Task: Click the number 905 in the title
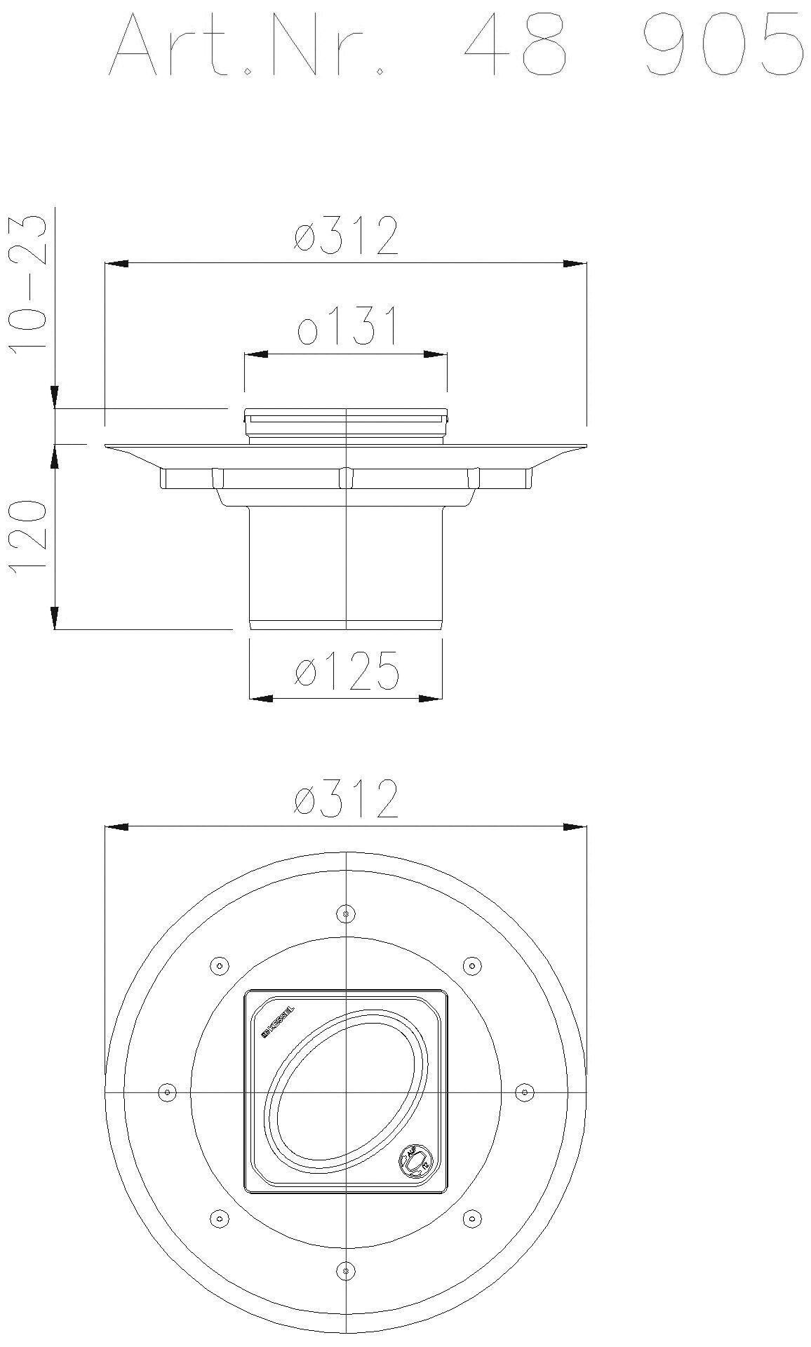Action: click(x=723, y=43)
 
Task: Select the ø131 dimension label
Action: click(x=347, y=326)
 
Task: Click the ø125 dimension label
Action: click(x=347, y=670)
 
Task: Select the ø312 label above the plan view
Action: click(x=347, y=798)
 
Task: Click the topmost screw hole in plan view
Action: click(x=345, y=913)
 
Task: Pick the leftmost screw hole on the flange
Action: click(x=167, y=1092)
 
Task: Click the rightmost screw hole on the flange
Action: click(x=525, y=1092)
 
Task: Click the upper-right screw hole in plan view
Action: click(x=473, y=966)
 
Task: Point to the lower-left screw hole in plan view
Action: click(x=220, y=1218)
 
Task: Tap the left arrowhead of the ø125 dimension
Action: click(x=262, y=698)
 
